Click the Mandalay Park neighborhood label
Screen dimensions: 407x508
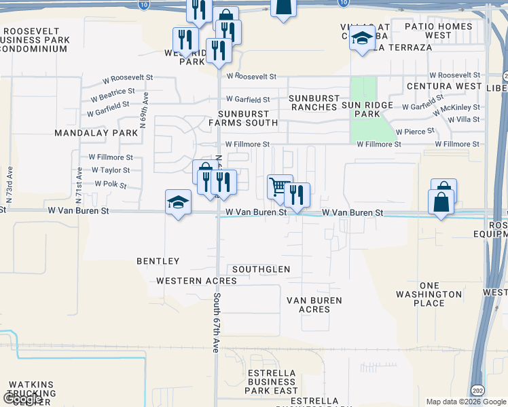[96, 133]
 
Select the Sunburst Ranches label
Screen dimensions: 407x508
[313, 102]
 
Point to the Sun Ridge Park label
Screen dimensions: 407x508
[367, 109]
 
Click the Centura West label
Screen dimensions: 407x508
[444, 87]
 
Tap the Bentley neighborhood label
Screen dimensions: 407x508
[158, 261]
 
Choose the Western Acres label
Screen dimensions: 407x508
[187, 281]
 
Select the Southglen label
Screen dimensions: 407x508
[261, 269]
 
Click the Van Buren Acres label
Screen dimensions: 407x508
[314, 305]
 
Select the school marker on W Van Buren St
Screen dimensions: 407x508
[178, 201]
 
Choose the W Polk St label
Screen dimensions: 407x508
[111, 184]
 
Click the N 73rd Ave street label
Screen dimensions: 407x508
[10, 185]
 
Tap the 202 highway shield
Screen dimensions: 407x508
[477, 391]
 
